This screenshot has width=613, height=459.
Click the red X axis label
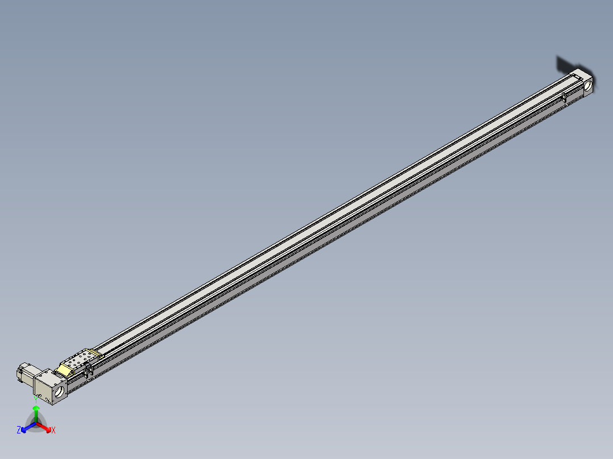(53, 431)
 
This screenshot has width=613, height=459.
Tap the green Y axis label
(36, 399)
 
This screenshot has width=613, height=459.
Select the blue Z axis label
(19, 430)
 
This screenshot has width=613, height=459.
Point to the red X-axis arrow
(45, 427)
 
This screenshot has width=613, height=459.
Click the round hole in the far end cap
(588, 85)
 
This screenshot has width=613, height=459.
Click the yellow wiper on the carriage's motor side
(64, 370)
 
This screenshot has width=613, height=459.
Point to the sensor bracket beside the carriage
(88, 372)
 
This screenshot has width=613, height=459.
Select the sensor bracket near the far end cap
(565, 98)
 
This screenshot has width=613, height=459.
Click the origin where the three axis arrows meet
(36, 423)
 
